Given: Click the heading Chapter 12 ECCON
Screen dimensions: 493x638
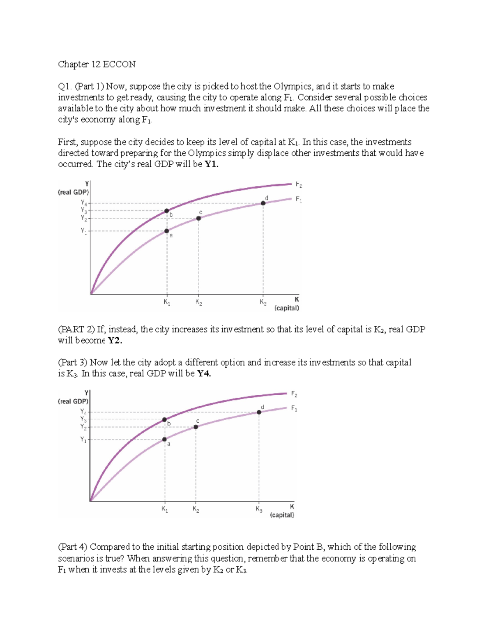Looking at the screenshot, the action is pos(97,64).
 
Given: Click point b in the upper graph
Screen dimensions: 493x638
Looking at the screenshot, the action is pos(167,211).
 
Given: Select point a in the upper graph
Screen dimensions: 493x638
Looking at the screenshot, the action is pos(167,231).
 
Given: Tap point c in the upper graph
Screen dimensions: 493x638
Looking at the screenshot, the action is pos(198,218).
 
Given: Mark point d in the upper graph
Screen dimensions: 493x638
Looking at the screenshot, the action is pos(263,203).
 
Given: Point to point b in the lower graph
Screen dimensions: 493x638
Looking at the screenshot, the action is pos(164,420).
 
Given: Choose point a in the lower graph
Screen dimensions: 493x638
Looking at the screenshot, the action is pos(164,440).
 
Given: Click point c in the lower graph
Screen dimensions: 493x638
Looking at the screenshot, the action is pos(196,427).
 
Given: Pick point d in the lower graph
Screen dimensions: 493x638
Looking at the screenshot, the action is pos(259,412).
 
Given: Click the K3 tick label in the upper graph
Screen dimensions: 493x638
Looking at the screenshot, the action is pos(263,302).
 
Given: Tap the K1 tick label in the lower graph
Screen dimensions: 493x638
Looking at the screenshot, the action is pos(164,509).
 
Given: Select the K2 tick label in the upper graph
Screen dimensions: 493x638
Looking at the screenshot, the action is pos(199,302).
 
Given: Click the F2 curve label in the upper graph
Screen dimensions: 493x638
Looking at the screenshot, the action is pos(299,185).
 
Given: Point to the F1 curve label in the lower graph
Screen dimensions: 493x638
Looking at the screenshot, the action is pos(294,408).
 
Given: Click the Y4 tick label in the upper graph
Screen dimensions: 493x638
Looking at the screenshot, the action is pos(84,203).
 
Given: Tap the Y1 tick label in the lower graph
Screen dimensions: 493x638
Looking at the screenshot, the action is pos(83,440).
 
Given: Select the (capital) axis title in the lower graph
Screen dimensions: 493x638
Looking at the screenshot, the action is pos(282,515).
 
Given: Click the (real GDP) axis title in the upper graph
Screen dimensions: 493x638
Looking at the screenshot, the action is pos(74,192).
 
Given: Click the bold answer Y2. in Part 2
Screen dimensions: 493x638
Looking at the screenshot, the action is pos(115,341).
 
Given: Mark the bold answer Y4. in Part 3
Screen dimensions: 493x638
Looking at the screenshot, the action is pos(204,374).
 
